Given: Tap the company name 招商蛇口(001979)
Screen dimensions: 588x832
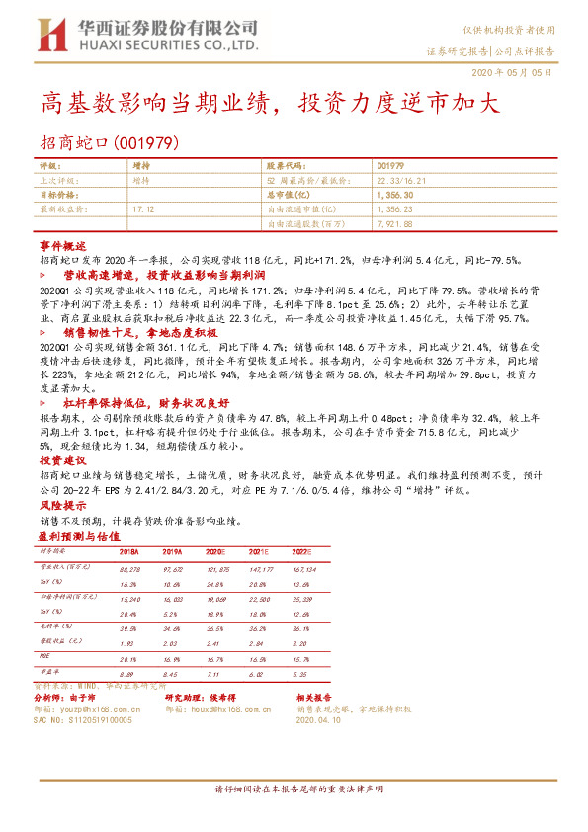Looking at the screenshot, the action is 109,142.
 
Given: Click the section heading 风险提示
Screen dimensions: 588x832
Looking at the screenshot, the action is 62,503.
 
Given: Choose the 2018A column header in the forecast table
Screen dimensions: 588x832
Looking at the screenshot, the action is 128,552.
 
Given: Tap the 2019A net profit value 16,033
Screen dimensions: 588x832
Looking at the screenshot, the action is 172,599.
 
